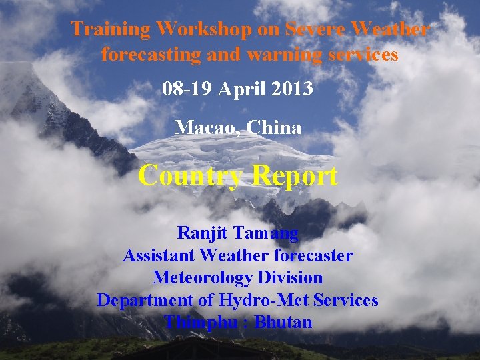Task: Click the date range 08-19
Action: click(188, 89)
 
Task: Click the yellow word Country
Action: click(191, 176)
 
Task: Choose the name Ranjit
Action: click(204, 233)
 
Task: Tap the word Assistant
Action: click(159, 255)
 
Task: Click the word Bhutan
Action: click(283, 323)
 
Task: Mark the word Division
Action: click(293, 277)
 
